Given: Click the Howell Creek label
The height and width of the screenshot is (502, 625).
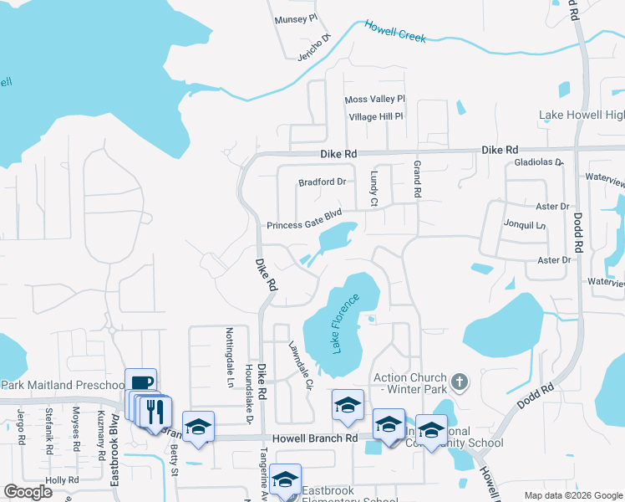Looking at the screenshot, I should point(395,32).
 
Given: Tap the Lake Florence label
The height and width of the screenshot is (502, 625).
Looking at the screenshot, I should point(347,323).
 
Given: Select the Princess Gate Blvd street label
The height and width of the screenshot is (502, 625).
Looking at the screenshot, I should point(305,225).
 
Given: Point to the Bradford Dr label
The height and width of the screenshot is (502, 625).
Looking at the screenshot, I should point(322,182).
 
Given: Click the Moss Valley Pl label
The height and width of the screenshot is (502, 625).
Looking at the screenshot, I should point(374,100).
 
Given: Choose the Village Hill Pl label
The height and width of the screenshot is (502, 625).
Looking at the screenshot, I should point(376,116).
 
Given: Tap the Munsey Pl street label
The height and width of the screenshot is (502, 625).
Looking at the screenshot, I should point(296,17).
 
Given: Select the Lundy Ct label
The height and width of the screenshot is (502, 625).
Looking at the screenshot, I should point(374,190).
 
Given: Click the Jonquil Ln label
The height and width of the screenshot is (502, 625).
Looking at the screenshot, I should point(524,225).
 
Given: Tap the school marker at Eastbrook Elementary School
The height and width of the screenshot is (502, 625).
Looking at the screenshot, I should point(285,480).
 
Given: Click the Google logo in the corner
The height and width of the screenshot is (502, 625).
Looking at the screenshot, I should point(28,492).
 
